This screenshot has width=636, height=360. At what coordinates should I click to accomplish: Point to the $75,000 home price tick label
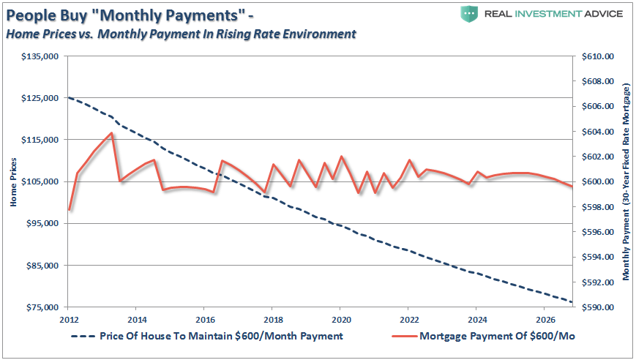pyautogui.click(x=39, y=308)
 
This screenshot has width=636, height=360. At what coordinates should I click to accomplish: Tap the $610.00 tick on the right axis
pyautogui.click(x=598, y=56)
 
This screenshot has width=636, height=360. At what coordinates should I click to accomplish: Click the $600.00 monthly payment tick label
pyautogui.click(x=598, y=182)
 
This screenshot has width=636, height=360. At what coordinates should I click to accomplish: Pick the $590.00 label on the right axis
pyautogui.click(x=598, y=308)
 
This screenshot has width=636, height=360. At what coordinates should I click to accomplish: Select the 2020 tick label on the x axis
pyautogui.click(x=340, y=320)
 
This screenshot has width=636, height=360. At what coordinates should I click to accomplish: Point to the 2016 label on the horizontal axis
pyautogui.click(x=204, y=320)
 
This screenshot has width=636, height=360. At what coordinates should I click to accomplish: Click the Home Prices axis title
pyautogui.click(x=13, y=182)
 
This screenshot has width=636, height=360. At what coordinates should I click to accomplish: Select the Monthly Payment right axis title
pyautogui.click(x=626, y=182)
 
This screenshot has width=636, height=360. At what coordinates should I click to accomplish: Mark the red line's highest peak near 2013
pyautogui.click(x=111, y=133)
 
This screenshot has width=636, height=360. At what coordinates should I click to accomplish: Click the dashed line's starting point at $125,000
pyautogui.click(x=69, y=97)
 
